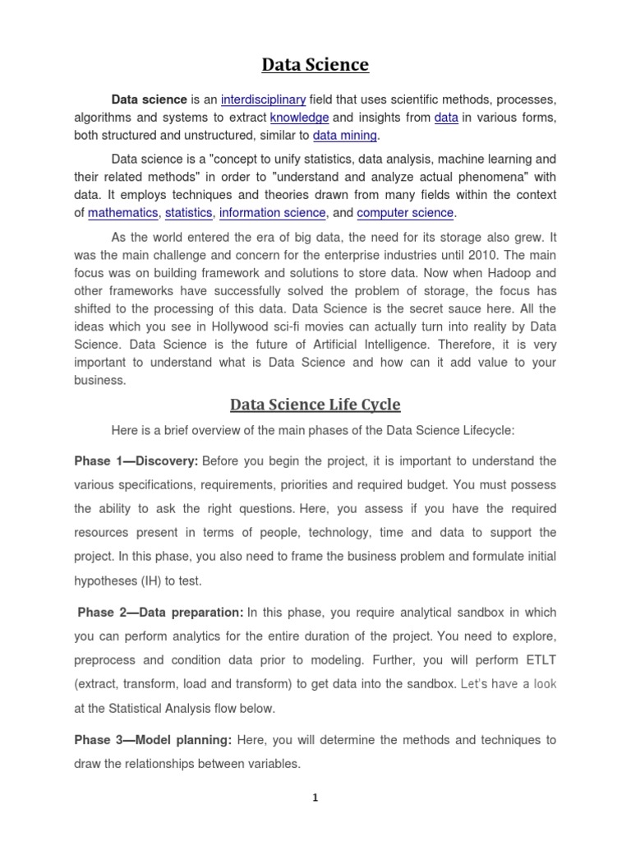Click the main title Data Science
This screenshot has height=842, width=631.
coord(315,64)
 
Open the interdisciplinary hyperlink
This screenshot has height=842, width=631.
coord(263,99)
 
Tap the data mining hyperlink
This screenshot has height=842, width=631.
coord(344,136)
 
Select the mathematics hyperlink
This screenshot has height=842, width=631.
coord(122,213)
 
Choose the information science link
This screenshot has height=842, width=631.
coord(273,213)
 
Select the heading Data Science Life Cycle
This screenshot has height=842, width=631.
coord(315,404)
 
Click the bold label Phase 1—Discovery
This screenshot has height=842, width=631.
coord(136,460)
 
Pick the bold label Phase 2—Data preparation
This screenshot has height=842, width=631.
coord(160,612)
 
